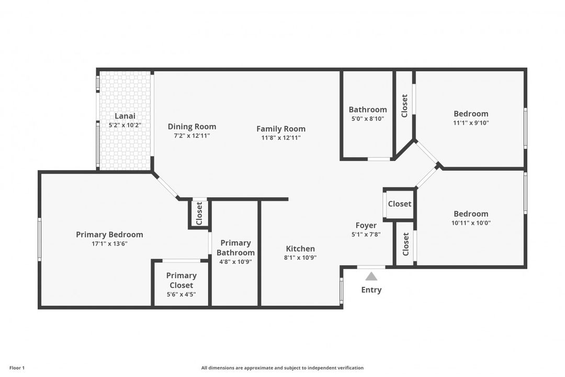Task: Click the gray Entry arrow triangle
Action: click(x=371, y=276)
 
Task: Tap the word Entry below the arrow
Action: click(x=371, y=290)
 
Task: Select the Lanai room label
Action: click(x=125, y=116)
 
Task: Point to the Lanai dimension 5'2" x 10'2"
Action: click(x=125, y=125)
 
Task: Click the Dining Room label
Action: click(x=192, y=126)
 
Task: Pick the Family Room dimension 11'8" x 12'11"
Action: click(x=281, y=138)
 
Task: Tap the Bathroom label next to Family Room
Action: click(x=368, y=109)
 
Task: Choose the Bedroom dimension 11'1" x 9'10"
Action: click(x=471, y=123)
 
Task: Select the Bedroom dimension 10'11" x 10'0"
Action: click(x=471, y=223)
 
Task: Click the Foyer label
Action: click(x=366, y=225)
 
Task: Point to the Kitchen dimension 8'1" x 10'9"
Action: click(x=300, y=257)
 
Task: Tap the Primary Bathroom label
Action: click(x=235, y=248)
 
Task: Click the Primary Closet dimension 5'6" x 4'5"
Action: click(x=182, y=294)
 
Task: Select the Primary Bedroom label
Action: click(x=109, y=235)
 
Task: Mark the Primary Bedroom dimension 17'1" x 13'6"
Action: click(x=109, y=243)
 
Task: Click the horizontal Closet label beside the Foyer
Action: click(x=400, y=204)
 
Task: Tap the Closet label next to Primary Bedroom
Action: click(x=199, y=214)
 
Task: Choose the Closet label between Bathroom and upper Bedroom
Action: click(x=404, y=106)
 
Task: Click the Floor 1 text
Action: click(x=17, y=368)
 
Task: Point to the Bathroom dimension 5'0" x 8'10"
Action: click(x=368, y=119)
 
